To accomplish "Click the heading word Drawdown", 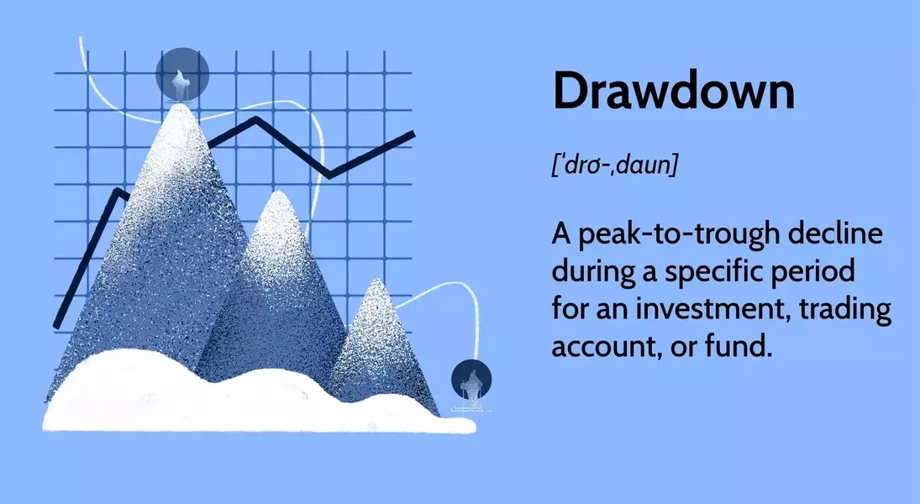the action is pos(674,91).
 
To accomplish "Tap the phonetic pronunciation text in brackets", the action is pos(615,165).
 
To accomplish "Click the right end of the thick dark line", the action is pos(413,134).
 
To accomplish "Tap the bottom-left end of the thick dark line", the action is pos(56,326).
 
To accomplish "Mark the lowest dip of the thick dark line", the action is pos(329,174).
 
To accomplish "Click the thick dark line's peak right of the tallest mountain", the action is pos(255,119).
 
